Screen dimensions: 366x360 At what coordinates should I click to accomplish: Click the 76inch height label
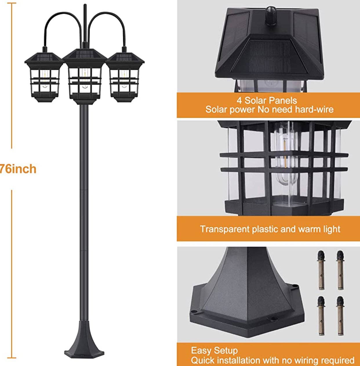tap(18, 169)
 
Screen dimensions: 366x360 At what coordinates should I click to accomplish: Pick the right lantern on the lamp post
tap(125, 77)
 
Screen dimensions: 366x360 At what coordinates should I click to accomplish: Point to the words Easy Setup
tap(214, 351)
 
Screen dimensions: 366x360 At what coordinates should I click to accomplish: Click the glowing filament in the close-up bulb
tap(285, 145)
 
